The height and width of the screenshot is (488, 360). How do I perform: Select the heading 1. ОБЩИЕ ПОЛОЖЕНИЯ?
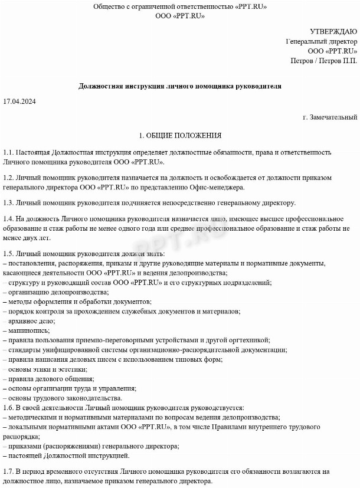[180, 135]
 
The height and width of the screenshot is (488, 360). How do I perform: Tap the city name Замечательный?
[332, 117]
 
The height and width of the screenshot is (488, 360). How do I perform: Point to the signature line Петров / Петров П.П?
[323, 61]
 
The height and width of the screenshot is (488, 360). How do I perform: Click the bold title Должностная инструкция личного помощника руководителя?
[180, 86]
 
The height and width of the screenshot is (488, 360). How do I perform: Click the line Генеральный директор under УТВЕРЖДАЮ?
[322, 42]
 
